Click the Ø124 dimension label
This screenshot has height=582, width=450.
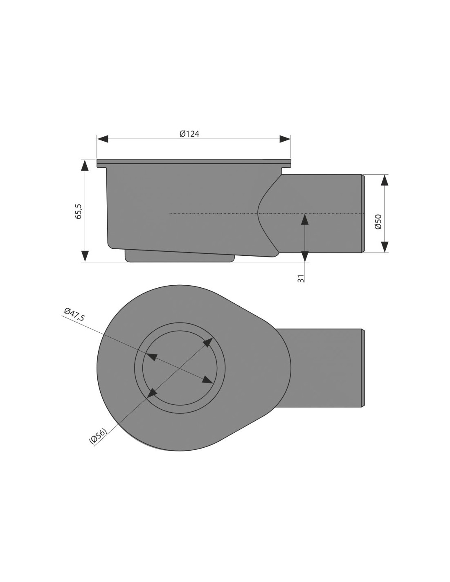coord(189,134)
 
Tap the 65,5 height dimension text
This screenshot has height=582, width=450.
coord(78,211)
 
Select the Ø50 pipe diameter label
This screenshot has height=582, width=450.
coord(378,221)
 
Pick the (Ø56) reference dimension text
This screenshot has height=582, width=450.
coord(98,436)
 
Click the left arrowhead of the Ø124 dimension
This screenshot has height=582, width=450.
coord(103,139)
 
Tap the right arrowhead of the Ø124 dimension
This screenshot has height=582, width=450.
coord(285,139)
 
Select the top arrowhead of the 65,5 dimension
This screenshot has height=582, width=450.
coord(85,165)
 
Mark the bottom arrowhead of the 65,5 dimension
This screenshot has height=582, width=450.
coord(85,256)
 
